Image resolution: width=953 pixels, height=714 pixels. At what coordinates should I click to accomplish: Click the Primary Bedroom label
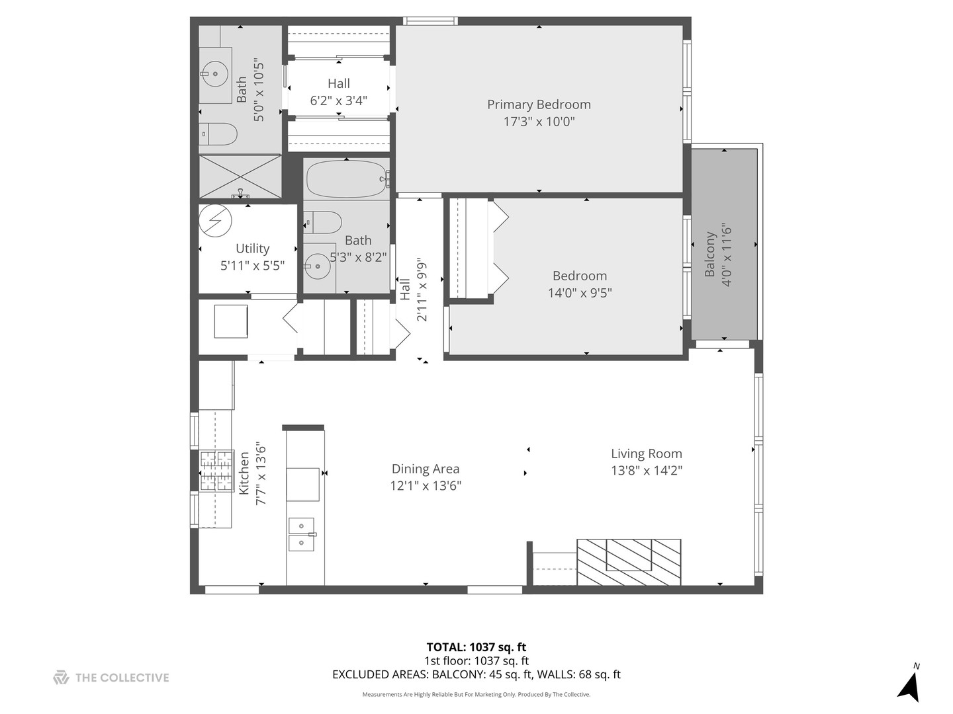539,104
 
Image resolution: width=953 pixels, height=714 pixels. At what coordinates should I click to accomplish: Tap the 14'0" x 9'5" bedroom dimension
580,292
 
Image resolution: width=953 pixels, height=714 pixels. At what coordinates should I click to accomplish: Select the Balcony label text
710,254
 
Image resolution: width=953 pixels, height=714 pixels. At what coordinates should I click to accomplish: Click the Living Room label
646,454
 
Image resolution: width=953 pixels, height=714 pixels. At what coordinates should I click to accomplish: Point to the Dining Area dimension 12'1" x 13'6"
425,486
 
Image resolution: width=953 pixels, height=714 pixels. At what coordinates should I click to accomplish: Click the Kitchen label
244,473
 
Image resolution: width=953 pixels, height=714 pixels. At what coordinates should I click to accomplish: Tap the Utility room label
252,249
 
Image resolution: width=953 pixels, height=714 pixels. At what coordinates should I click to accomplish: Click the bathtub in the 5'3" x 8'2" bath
346,178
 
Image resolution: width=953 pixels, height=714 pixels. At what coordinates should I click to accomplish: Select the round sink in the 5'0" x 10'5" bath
215,75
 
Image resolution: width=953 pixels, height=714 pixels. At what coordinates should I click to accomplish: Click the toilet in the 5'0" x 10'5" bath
218,134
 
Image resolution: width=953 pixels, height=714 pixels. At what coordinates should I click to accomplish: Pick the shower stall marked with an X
240,176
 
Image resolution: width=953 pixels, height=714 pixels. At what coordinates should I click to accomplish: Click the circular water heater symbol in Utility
216,220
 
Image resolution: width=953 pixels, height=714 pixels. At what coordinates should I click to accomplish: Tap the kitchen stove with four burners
216,471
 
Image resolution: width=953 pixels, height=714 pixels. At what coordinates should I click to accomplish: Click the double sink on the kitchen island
301,534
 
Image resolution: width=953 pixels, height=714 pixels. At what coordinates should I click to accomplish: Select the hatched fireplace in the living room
629,562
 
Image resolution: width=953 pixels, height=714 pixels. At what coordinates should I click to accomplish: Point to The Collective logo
111,678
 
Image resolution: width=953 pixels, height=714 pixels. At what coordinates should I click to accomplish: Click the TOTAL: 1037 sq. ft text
476,647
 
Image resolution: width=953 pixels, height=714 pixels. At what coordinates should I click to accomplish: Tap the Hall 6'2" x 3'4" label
338,92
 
